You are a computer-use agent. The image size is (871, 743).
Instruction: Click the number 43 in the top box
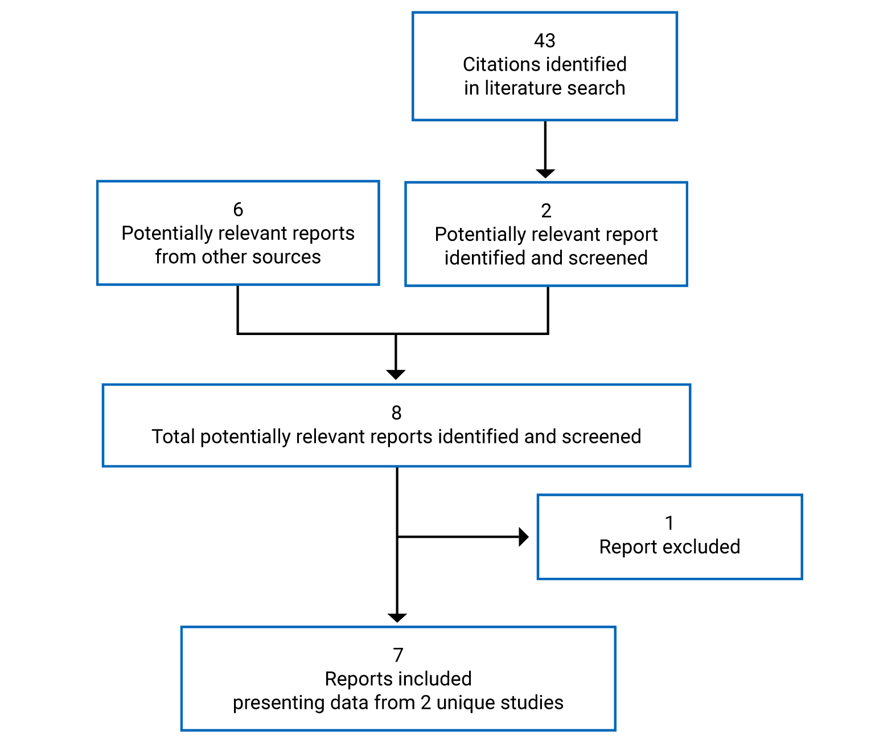[544, 40]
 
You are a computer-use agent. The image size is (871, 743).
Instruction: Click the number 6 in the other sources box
[238, 210]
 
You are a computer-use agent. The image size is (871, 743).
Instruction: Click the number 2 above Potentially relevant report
[546, 211]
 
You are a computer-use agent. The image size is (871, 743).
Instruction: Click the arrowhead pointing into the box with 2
[545, 173]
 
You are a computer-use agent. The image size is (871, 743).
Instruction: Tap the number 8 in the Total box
[396, 413]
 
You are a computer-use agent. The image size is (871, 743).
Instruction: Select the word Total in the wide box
[173, 436]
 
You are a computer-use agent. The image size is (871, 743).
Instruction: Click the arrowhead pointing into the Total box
[396, 374]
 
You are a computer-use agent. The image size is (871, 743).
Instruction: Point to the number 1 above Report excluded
[669, 522]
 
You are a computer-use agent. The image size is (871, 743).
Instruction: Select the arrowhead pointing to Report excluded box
[524, 537]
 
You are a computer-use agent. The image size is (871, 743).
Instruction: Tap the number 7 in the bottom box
[398, 655]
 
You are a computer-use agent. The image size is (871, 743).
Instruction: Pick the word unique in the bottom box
[462, 703]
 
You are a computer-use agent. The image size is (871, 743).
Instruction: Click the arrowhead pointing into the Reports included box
[397, 618]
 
